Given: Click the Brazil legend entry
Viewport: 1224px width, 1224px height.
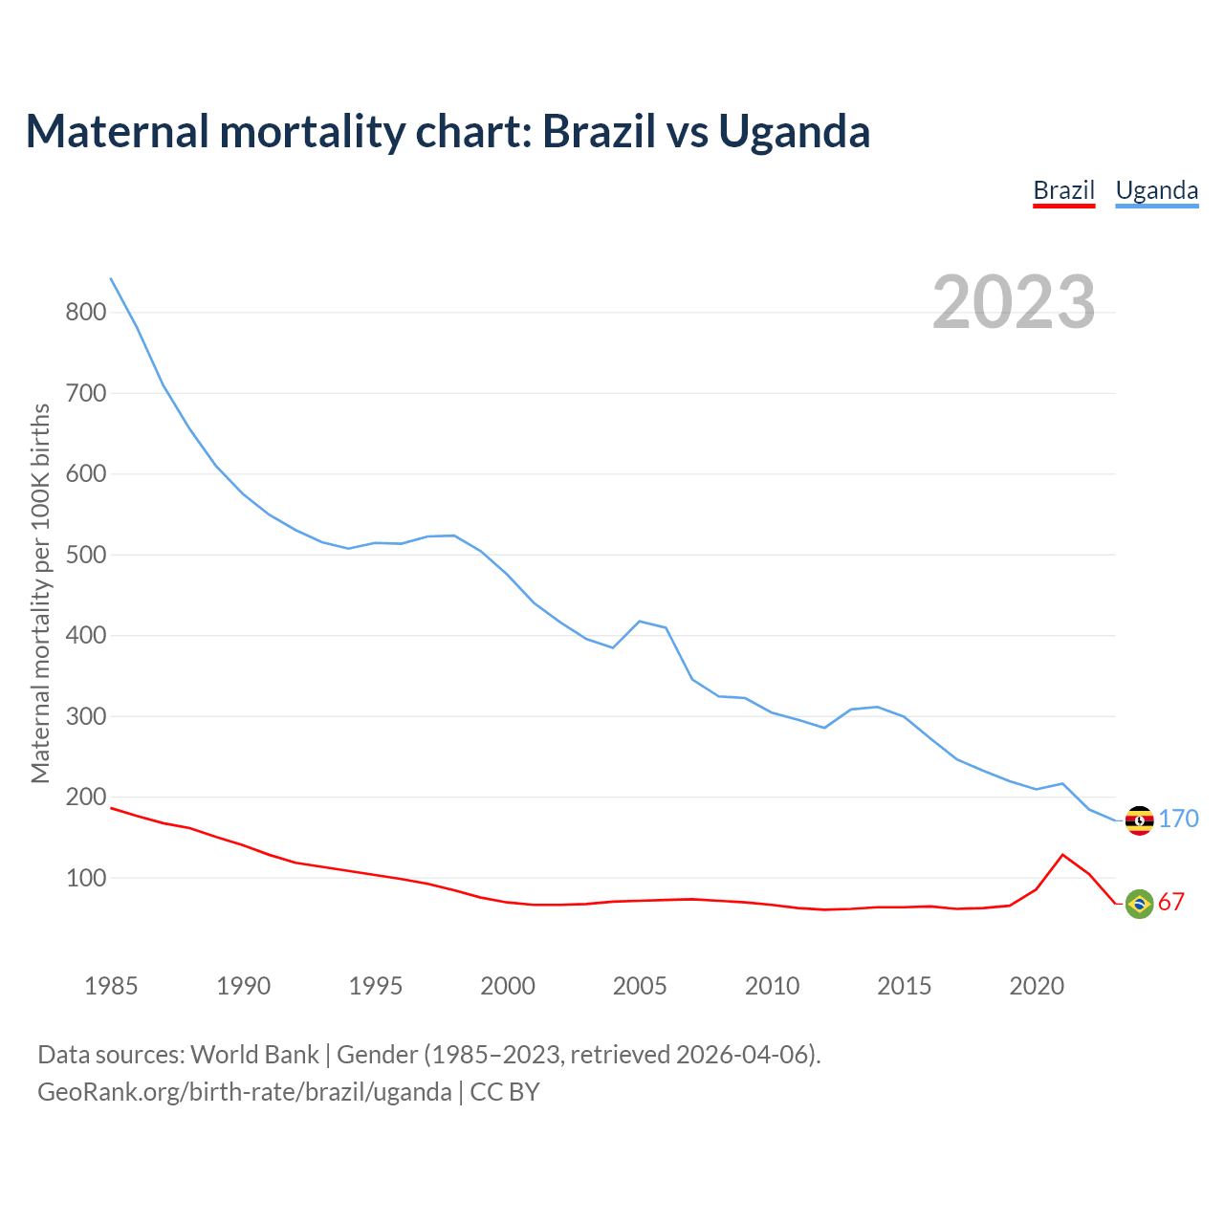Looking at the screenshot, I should tap(1063, 190).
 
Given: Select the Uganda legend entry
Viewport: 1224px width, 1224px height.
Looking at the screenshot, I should tap(1156, 190).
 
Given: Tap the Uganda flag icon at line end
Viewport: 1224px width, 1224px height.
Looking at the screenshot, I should tap(1139, 820).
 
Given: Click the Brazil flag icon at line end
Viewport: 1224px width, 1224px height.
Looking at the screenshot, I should tap(1139, 903).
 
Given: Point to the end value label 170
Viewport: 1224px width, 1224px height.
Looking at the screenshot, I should tap(1178, 819).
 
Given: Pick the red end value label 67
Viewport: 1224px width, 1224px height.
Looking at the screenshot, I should tap(1171, 902).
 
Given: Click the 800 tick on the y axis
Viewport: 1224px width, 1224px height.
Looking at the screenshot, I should tap(85, 312).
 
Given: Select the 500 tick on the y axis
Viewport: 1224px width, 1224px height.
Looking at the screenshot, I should tap(85, 555).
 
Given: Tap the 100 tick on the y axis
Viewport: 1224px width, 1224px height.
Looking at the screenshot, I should tap(85, 878).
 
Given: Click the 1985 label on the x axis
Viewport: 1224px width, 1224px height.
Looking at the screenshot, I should tap(111, 986).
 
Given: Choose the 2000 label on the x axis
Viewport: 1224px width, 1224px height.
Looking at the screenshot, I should tap(508, 986).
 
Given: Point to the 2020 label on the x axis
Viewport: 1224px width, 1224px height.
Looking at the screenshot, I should tap(1037, 986).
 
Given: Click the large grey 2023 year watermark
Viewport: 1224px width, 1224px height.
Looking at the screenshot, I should tap(1014, 302).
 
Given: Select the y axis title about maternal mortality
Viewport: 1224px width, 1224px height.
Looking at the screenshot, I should tap(40, 593).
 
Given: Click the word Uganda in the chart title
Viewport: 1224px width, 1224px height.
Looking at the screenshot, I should tap(794, 131).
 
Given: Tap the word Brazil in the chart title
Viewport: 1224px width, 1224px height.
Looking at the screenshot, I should tap(601, 131).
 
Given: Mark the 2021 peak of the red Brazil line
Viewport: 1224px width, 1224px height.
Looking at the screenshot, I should tap(1062, 855).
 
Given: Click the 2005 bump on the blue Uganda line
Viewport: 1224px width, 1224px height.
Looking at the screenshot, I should tap(640, 622).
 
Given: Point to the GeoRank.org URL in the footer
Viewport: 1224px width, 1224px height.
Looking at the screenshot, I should tap(244, 1092).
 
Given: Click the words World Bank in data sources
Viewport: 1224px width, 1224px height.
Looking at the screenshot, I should tap(254, 1055).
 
